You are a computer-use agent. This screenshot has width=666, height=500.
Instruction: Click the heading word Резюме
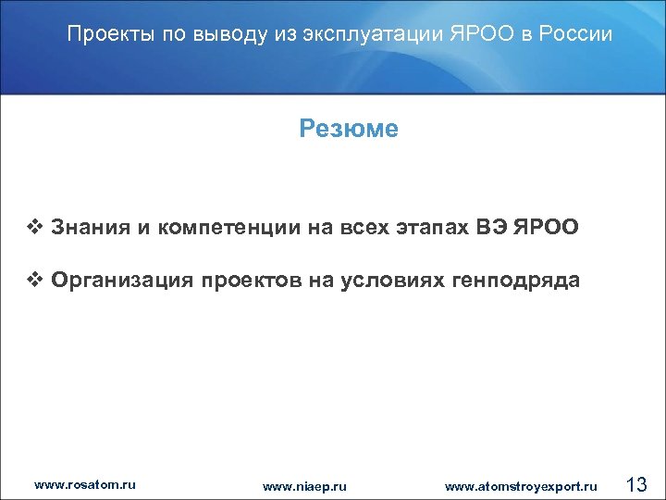(349, 129)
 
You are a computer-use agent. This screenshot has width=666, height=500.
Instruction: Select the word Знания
(91, 227)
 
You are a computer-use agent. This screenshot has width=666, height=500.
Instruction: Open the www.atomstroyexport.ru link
(521, 485)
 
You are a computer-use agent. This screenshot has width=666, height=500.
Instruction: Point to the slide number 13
(636, 483)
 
